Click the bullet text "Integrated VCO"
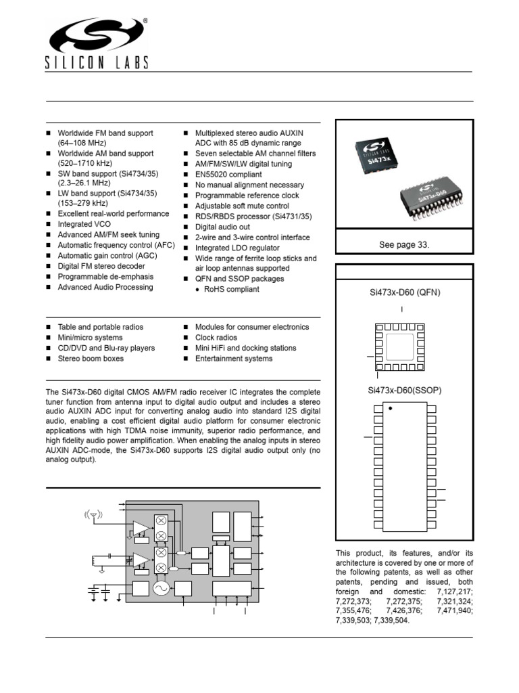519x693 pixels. tap(85, 224)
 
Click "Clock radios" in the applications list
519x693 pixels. tap(216, 338)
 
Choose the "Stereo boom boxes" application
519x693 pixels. tap(91, 359)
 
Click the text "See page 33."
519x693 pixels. tap(404, 245)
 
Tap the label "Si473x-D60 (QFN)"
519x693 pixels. tap(404, 292)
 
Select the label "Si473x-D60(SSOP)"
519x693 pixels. tap(404, 391)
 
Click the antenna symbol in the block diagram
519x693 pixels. tap(94, 516)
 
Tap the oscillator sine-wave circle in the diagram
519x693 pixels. tap(161, 589)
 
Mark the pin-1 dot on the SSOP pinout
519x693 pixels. tap(390, 409)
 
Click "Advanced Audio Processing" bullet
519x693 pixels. tap(105, 287)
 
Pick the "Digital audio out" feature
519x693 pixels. tap(222, 227)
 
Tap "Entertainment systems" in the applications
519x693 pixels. tap(234, 359)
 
